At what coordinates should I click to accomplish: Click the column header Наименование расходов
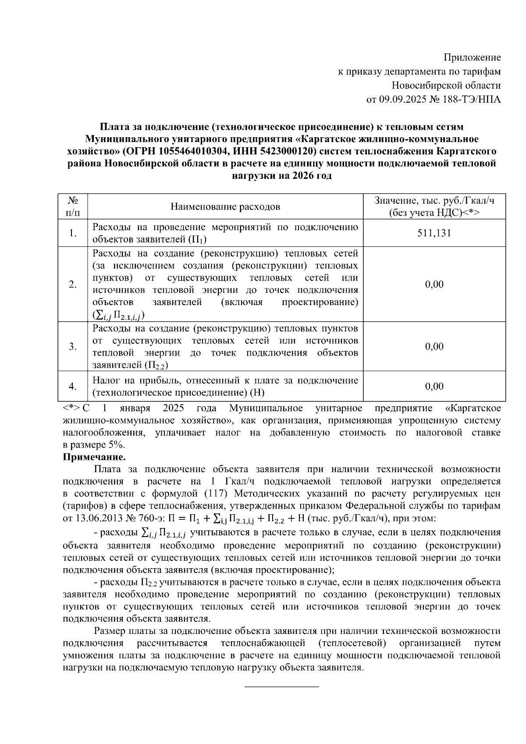pyautogui.click(x=225, y=206)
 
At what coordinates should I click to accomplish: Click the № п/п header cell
pyautogui.click(x=73, y=206)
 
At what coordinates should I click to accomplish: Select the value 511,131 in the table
pyautogui.click(x=434, y=233)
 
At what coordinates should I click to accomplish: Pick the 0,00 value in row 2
pyautogui.click(x=434, y=285)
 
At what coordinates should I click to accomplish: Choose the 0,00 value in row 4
pyautogui.click(x=434, y=386)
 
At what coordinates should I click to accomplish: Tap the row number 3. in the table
pyautogui.click(x=73, y=347)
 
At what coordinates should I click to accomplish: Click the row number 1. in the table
pyautogui.click(x=73, y=233)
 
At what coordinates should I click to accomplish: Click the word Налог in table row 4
pyautogui.click(x=105, y=380)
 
